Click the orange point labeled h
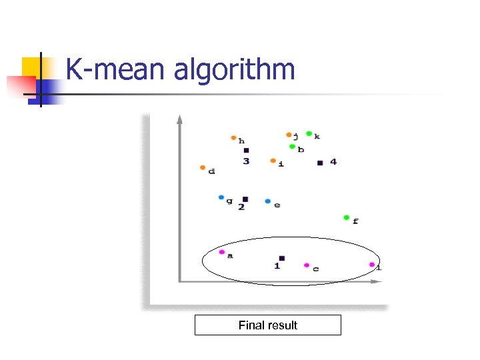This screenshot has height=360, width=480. coord(233,138)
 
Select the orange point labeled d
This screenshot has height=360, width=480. coord(203,167)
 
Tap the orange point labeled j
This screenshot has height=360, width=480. coord(289,135)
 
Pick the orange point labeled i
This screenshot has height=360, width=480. coord(273,161)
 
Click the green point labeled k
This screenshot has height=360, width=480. coord(309,134)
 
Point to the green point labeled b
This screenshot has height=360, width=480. coord(292,147)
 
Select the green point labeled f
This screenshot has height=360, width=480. coord(346,217)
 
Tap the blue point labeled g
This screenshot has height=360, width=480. coord(221,197)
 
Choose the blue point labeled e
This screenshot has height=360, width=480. coord(267,201)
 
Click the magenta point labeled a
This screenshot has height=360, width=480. coord(222,252)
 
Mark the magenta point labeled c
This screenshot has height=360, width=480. coord(307,265)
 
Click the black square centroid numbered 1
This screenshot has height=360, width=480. coord(281,258)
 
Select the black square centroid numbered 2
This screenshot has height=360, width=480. coord(245,199)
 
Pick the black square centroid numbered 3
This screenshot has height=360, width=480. coord(246,151)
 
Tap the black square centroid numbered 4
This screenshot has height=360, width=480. coord(320,163)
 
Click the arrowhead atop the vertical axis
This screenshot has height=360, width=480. coord(179,119)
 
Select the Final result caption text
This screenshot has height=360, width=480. coord(267,325)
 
